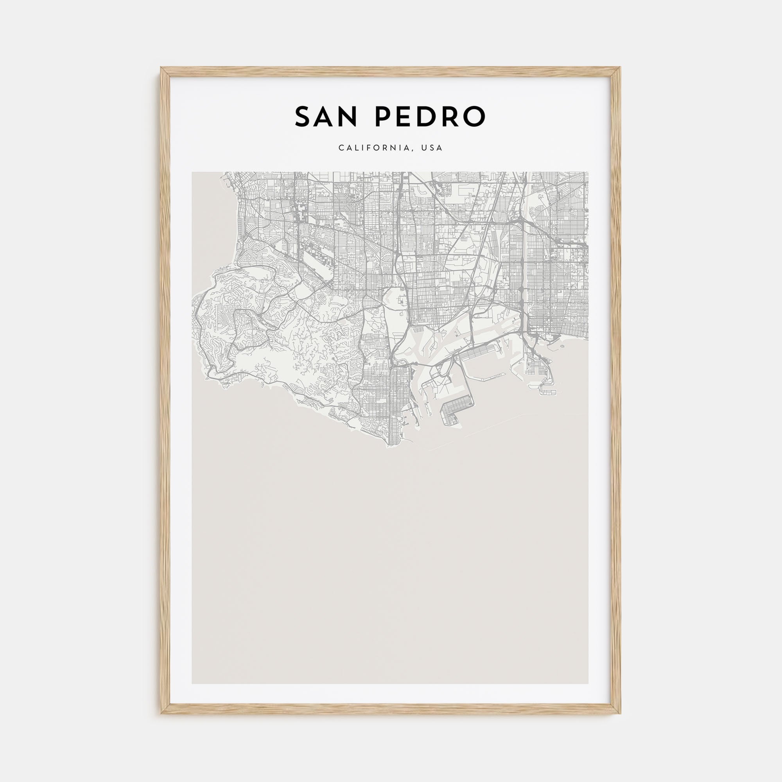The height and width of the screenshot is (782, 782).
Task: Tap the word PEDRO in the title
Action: coord(430,117)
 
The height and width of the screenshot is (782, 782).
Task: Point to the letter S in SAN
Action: coord(302,117)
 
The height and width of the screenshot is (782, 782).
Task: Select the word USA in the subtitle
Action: coord(432,148)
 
